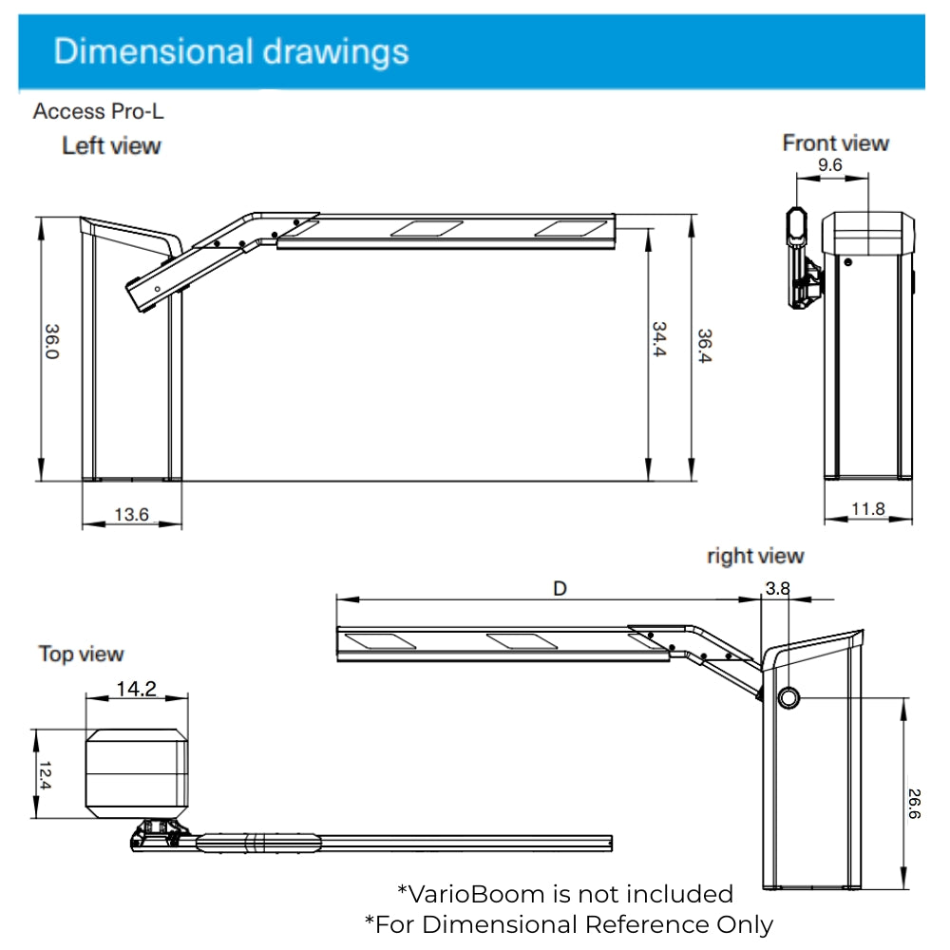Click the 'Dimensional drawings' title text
point(231,50)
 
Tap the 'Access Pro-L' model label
point(98,111)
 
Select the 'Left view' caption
point(111,146)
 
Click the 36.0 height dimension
point(52,341)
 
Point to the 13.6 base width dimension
point(131,514)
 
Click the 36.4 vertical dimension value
point(705,347)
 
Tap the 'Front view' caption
point(835,143)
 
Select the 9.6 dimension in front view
point(829,165)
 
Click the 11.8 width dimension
point(867,509)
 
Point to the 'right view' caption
point(754,556)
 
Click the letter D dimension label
point(560,589)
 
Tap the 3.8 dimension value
point(777,589)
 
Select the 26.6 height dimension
point(914,803)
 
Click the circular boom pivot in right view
point(789,698)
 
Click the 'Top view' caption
point(81,654)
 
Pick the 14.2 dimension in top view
point(136,689)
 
